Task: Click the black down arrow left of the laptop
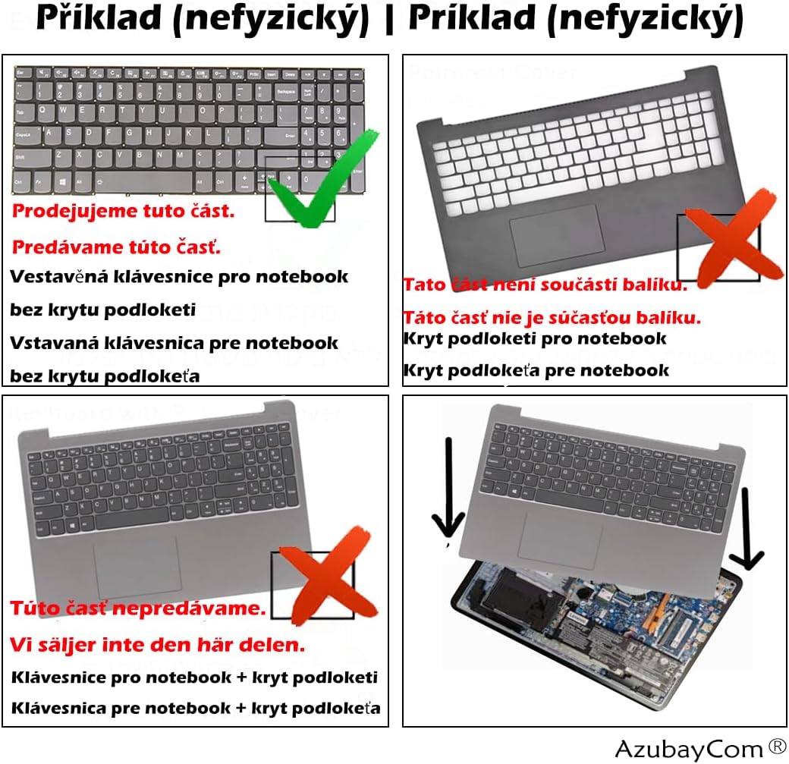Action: point(448,493)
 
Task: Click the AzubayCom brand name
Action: point(678,749)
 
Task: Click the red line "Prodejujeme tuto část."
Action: point(124,211)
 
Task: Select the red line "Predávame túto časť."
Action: point(116,247)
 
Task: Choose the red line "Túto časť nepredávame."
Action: point(138,608)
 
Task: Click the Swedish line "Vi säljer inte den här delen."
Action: point(158,645)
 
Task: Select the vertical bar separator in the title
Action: point(388,20)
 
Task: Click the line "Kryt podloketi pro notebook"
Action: point(535,338)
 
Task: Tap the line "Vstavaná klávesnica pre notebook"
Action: point(174,343)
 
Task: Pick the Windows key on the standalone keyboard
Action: point(67,182)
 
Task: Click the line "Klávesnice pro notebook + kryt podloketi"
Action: point(194,678)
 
